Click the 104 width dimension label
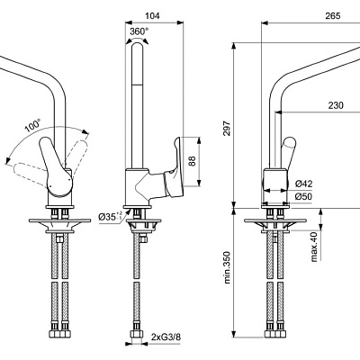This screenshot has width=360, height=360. [x=152, y=15]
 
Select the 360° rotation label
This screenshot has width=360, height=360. [x=139, y=31]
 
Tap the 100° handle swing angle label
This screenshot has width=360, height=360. [x=33, y=126]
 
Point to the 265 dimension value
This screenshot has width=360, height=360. [x=333, y=15]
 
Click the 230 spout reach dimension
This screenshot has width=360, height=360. [x=336, y=105]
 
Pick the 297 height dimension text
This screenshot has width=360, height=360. [x=227, y=128]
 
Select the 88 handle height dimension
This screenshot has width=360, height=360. [x=192, y=161]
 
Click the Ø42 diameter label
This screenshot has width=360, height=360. [x=303, y=184]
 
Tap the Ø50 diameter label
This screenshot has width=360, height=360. [x=303, y=196]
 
